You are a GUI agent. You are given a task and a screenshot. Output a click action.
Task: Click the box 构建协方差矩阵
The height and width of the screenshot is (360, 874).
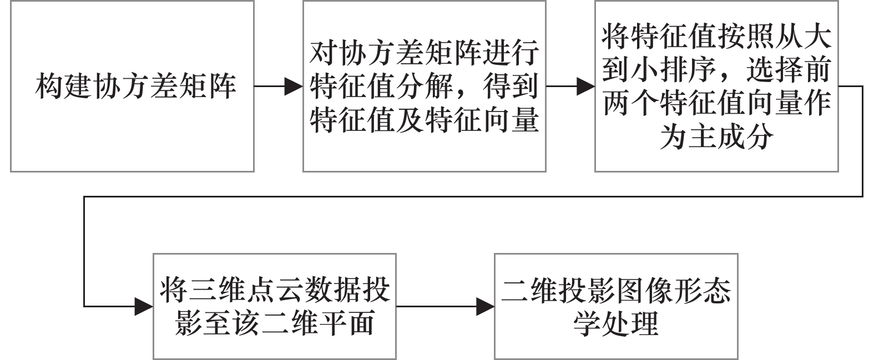point(132,86)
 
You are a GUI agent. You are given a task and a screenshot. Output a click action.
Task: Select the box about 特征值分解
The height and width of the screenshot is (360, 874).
point(424,86)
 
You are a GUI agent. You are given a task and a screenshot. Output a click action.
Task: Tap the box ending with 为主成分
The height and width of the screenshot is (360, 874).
point(716,86)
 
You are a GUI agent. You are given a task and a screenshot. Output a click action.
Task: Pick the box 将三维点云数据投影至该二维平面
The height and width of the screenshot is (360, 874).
point(275,306)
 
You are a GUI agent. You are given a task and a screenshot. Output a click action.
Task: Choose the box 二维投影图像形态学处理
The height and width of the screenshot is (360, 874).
point(616,306)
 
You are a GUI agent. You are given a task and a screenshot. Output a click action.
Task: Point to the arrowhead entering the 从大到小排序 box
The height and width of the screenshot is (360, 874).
point(586,86)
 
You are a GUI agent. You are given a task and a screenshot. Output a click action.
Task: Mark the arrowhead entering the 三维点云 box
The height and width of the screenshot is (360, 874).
point(144,306)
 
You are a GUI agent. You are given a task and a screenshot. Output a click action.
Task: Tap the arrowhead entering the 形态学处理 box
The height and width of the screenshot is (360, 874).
point(486,306)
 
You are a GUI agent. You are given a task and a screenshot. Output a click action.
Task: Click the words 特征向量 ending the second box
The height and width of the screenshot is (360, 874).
point(482,118)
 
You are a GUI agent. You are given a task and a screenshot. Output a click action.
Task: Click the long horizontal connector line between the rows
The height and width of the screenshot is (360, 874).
point(472,196)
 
